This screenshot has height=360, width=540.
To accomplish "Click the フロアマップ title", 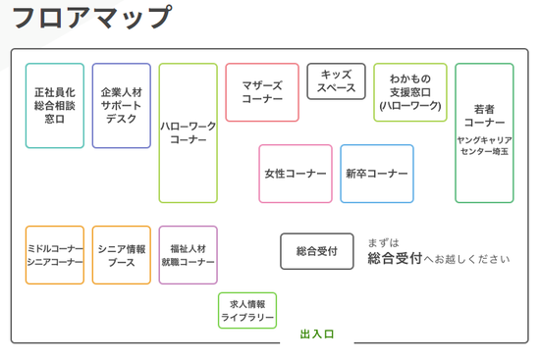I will (x=91, y=19).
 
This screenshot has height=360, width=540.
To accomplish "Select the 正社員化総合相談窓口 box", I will (x=55, y=105).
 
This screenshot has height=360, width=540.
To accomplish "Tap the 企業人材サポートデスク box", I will (x=122, y=105).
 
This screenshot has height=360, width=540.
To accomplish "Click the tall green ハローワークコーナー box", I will (x=188, y=132).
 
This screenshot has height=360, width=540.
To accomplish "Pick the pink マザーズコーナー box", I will (x=262, y=92).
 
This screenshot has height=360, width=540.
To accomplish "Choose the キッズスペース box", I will (x=336, y=80).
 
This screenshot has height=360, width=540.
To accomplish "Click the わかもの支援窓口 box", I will (x=409, y=92).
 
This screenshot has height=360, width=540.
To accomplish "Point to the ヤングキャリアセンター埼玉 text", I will (x=484, y=146).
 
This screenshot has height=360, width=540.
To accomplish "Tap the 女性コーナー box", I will (x=296, y=174).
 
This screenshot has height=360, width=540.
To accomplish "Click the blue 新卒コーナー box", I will (x=377, y=174).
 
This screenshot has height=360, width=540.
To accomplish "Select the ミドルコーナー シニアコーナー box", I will (x=55, y=255).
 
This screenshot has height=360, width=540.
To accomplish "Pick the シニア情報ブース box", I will (x=122, y=255).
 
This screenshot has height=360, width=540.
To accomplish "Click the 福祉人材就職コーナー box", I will (x=188, y=255).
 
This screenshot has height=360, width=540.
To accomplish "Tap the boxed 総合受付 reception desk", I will (x=317, y=251).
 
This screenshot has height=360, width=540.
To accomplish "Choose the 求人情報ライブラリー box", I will (x=247, y=311).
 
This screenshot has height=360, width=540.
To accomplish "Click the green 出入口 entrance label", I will (x=317, y=334).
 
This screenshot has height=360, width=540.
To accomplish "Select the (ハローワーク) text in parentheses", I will (x=409, y=105).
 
